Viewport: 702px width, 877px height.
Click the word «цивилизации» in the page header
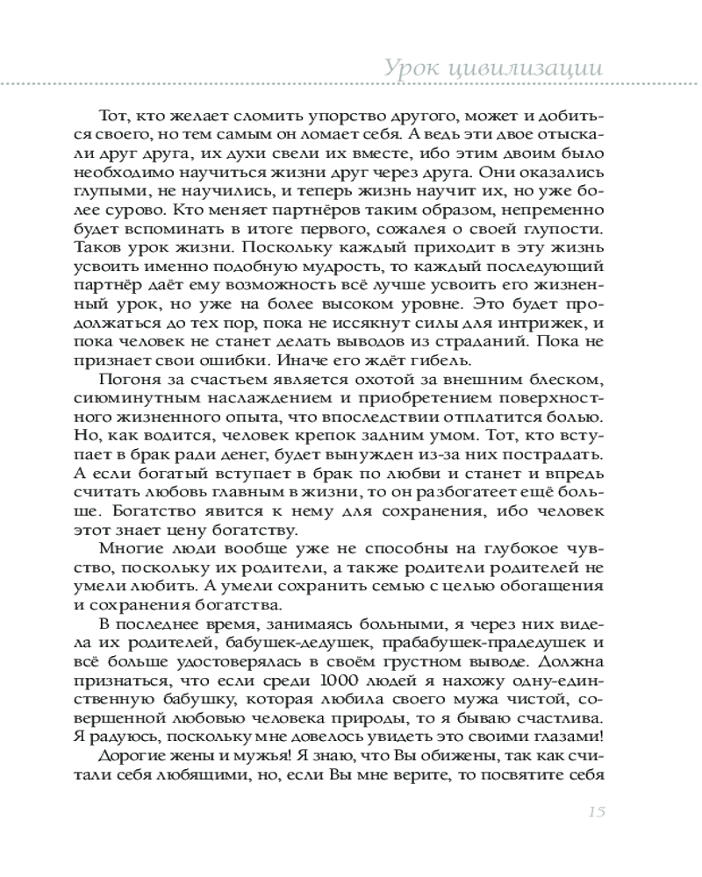pos(534,68)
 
